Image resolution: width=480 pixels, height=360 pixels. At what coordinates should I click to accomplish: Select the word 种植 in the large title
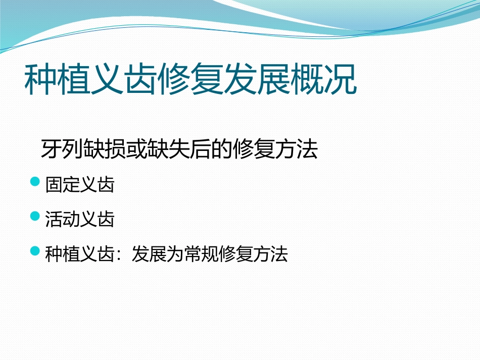click(57, 79)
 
